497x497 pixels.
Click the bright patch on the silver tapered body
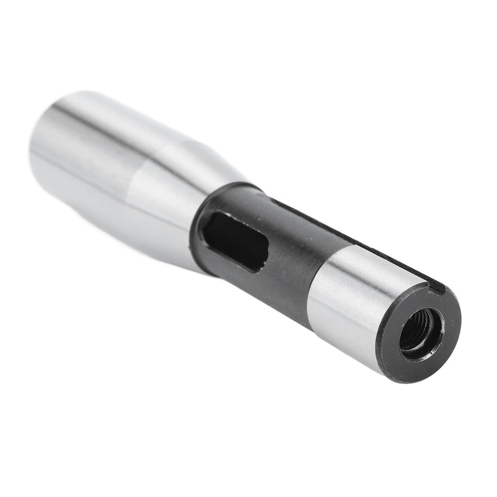(x=160, y=194)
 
